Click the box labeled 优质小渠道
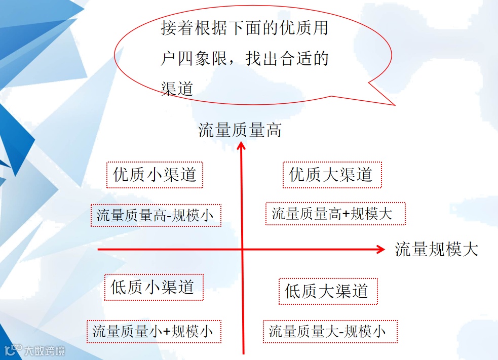click(x=155, y=175)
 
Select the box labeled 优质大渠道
click(x=332, y=175)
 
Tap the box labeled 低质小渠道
click(x=154, y=288)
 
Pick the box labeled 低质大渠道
click(x=328, y=291)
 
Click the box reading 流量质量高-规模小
click(x=156, y=216)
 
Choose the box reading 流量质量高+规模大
click(x=335, y=214)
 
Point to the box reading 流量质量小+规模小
click(x=154, y=332)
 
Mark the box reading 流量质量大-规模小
click(x=330, y=332)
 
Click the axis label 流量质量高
click(x=240, y=131)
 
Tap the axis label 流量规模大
click(x=436, y=249)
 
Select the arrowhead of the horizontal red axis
click(x=381, y=249)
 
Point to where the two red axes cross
click(x=242, y=250)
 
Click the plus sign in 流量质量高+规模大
click(x=347, y=214)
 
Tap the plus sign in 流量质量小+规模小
click(x=167, y=332)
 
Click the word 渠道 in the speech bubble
click(x=177, y=89)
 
